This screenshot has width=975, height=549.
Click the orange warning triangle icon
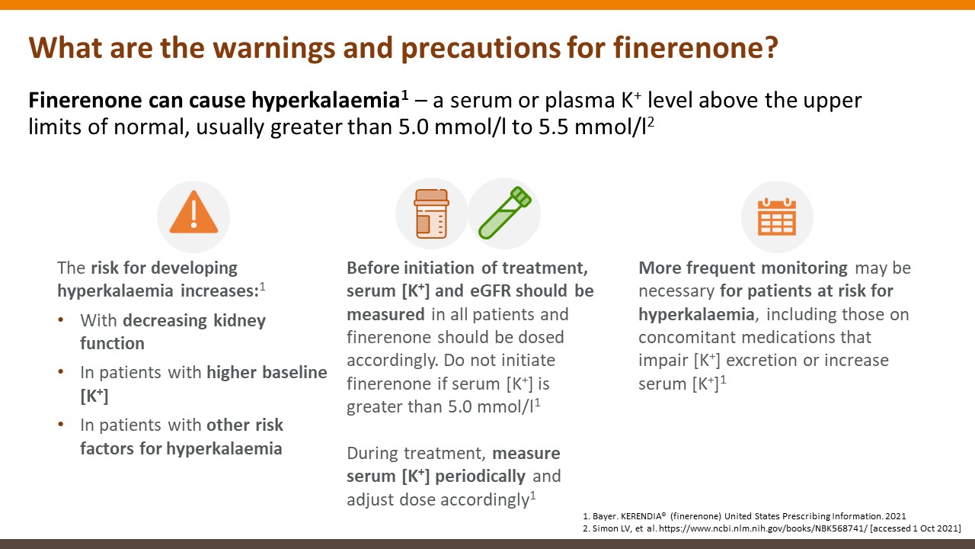[x=193, y=212]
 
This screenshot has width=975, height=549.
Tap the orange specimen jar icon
[x=431, y=213]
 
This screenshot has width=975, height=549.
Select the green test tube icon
[x=505, y=213]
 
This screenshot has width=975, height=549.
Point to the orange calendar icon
[x=777, y=217]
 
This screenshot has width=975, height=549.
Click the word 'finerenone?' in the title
[x=695, y=47]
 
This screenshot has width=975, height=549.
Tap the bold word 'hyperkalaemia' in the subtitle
[x=325, y=101]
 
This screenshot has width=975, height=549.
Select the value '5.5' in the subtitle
[x=553, y=127]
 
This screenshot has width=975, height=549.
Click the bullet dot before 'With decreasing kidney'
[x=61, y=320]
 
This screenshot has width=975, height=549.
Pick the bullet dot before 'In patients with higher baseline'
[x=61, y=372]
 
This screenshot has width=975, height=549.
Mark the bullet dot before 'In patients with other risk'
[x=61, y=425]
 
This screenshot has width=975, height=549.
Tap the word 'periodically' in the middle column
[x=480, y=477]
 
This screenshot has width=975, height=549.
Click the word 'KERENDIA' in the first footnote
[x=641, y=516]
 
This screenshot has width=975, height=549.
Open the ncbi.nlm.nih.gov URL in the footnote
[x=763, y=528]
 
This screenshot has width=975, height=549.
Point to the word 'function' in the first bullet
[x=112, y=343]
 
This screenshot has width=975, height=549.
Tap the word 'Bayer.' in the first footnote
[x=605, y=517]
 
